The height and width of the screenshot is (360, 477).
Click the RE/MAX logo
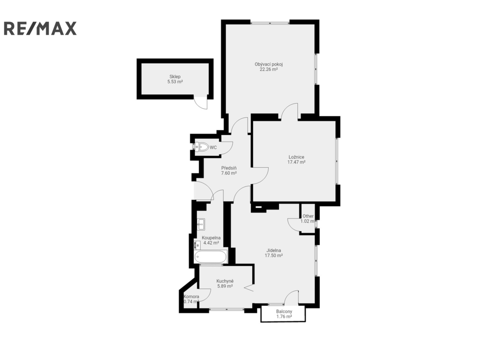40,29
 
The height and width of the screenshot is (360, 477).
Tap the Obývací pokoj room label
269,64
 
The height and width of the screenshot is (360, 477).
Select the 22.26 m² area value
269,69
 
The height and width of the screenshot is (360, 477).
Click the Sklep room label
175,76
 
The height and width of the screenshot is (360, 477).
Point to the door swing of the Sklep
201,103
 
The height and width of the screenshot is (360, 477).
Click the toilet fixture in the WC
202,148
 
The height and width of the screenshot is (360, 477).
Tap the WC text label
213,148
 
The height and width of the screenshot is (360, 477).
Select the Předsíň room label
229,168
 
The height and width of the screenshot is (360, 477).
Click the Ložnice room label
296,157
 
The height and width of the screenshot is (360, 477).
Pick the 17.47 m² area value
296,162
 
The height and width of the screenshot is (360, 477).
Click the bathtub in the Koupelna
211,257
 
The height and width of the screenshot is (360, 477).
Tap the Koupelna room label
211,238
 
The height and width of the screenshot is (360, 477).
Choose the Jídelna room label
273,250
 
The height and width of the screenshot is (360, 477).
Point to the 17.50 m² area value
273,255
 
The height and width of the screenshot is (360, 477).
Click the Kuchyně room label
225,281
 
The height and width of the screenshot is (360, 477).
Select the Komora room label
191,296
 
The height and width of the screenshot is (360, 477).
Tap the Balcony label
284,311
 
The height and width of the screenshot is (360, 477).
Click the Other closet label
308,216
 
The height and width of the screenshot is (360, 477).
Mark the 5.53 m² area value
175,82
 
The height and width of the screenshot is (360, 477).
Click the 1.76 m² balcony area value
284,316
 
